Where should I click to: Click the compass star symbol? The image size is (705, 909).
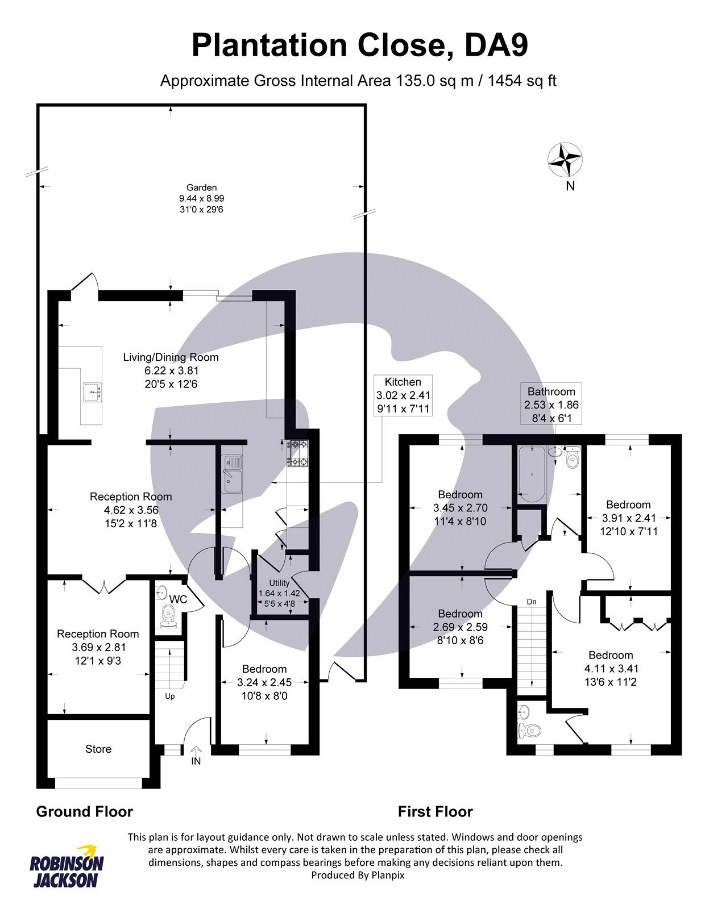[x=565, y=159]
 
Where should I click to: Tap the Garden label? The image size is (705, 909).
[x=201, y=187]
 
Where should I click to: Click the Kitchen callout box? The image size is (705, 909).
[x=403, y=395]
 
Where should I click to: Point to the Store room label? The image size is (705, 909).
[x=98, y=749]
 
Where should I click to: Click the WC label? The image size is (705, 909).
[x=179, y=599]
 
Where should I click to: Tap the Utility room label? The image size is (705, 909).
[x=279, y=583]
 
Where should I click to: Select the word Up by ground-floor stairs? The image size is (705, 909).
[x=169, y=697]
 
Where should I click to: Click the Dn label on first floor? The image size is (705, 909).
[x=532, y=602]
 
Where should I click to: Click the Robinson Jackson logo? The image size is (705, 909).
[x=67, y=867]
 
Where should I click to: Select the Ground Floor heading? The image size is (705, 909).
[x=84, y=812]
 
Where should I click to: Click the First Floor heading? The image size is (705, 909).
[x=435, y=812]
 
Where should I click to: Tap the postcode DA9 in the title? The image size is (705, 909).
[x=496, y=46]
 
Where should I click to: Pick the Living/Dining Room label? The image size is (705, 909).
[x=171, y=357]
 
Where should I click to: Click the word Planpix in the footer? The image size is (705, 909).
[x=388, y=875]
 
